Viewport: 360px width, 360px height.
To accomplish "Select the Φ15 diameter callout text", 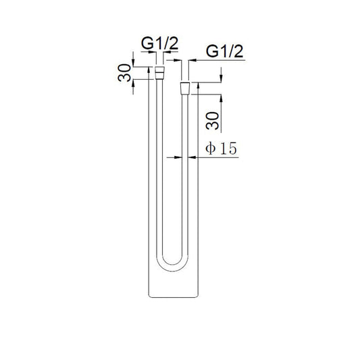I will click(221, 149).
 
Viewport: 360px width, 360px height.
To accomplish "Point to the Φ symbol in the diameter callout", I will click(210, 149).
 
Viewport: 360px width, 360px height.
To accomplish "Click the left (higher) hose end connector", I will click(160, 71).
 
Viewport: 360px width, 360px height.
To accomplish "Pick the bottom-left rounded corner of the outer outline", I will click(150, 295).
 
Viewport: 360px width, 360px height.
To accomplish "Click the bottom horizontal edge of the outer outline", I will click(172, 298).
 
